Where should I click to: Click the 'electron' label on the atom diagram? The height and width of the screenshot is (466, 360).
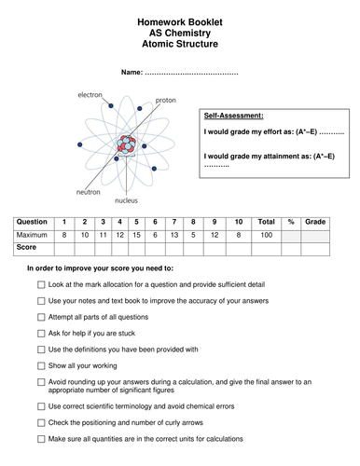coord(90,95)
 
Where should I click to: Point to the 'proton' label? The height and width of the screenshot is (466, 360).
coord(165,100)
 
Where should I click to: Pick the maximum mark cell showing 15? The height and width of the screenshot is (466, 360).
coord(137,237)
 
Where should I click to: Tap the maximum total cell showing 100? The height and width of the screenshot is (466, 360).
coord(266,237)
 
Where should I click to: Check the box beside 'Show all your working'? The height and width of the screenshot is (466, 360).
coord(41,365)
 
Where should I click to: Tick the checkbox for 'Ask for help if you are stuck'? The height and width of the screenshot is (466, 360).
coord(41,333)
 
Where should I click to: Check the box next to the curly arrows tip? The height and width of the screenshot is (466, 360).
coord(41,422)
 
